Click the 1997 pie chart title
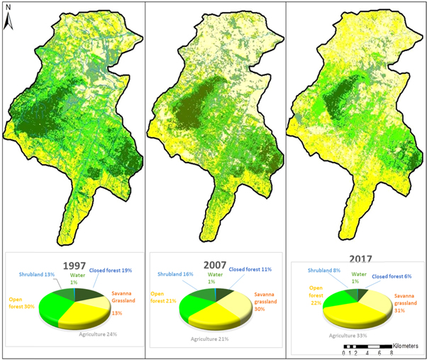click(x=75, y=266)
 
